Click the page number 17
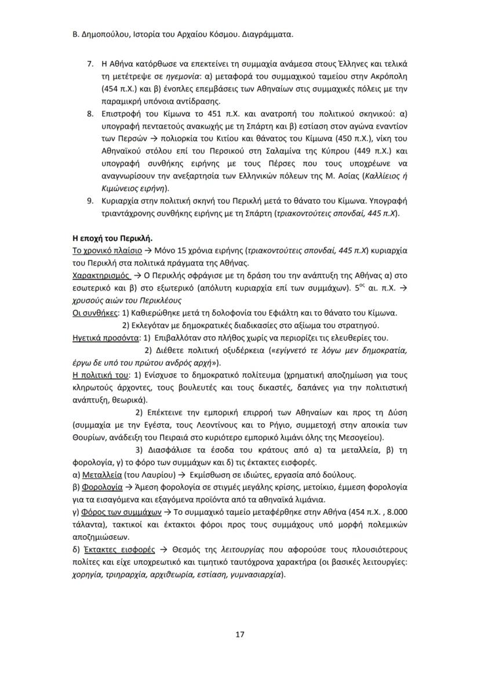(x=239, y=634)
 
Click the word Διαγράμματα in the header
(x=267, y=34)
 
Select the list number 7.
(x=90, y=63)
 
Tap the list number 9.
(x=90, y=201)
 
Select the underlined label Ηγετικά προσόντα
(x=106, y=337)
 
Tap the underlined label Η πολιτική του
(x=99, y=375)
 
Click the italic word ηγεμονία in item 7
(x=184, y=76)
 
